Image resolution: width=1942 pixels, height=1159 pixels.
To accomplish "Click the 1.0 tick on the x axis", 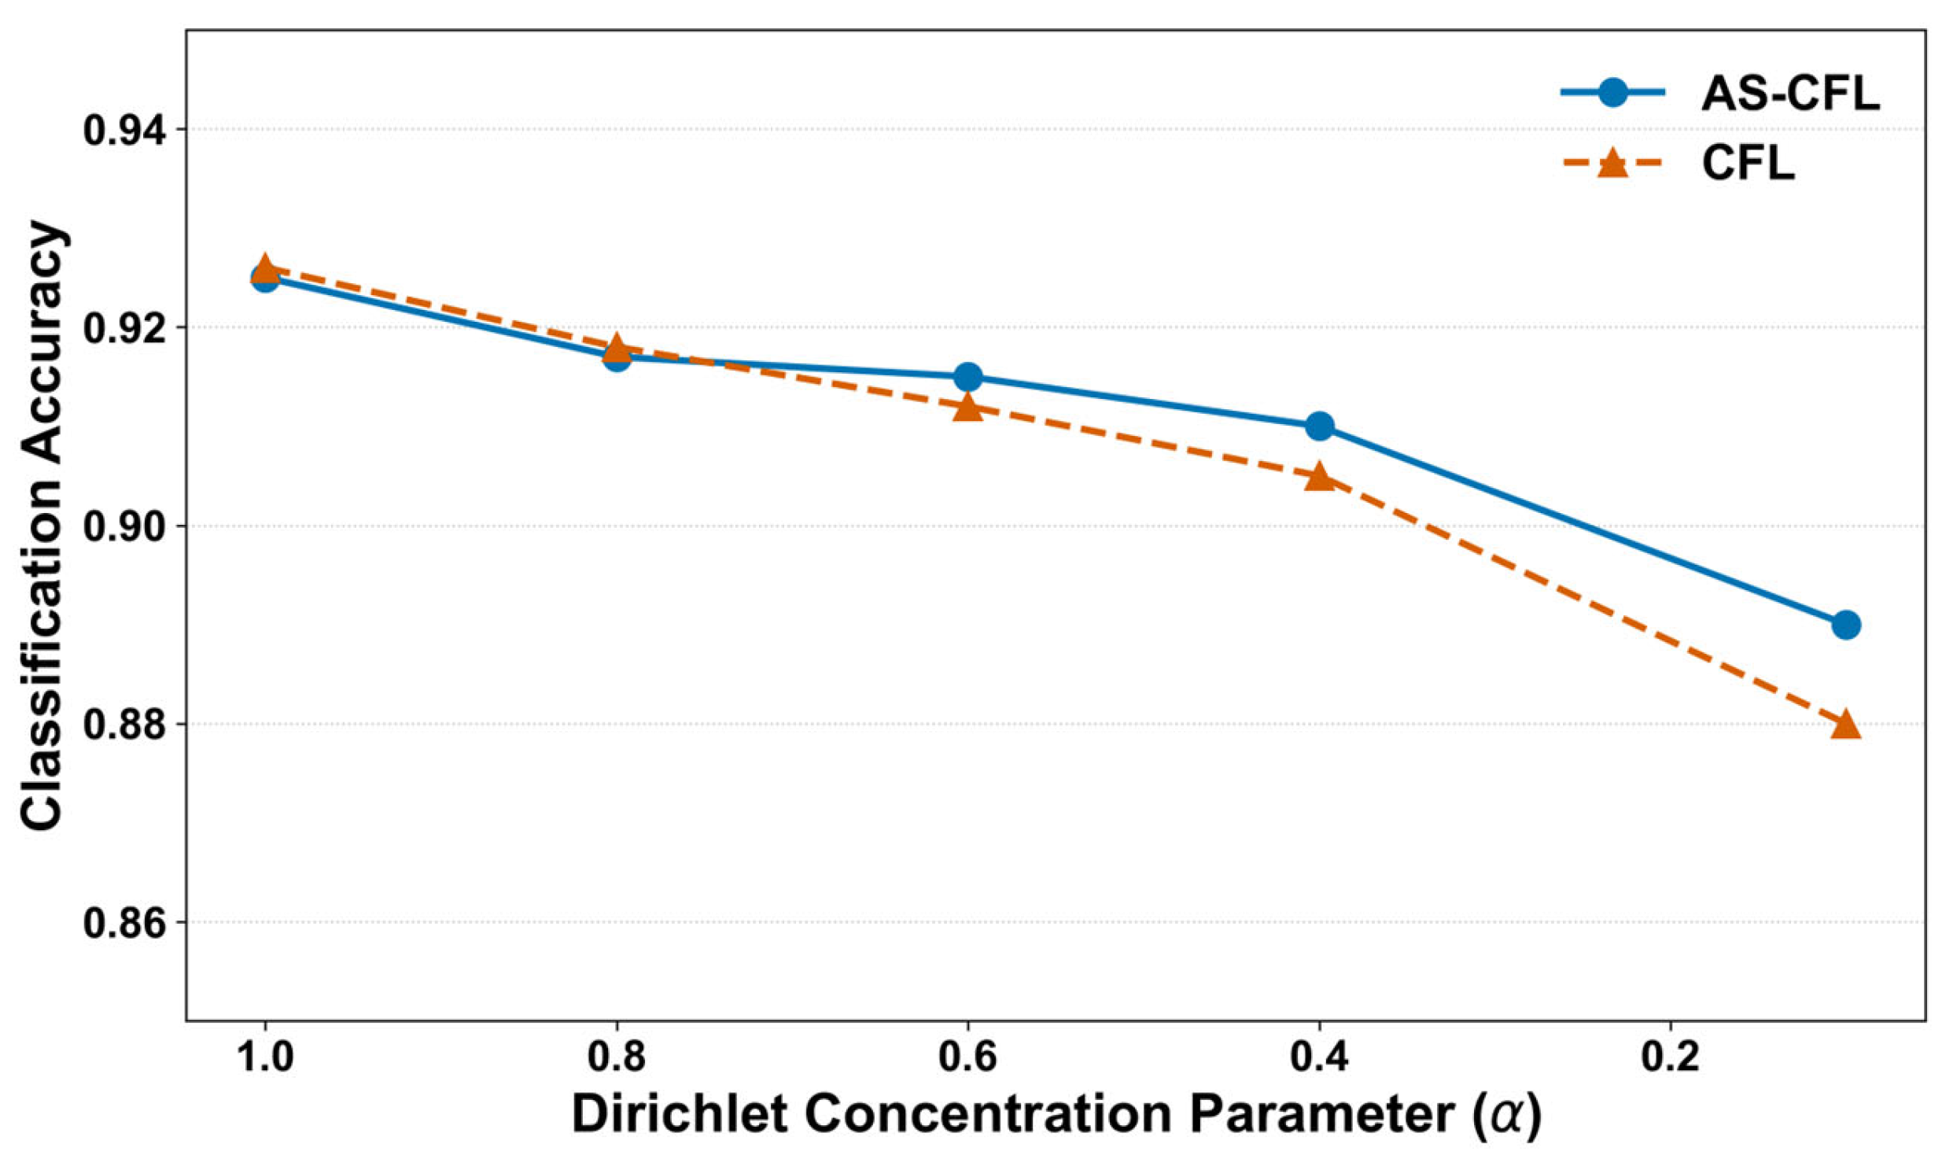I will [x=265, y=1058].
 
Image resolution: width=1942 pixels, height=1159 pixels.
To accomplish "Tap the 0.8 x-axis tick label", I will [x=617, y=1058].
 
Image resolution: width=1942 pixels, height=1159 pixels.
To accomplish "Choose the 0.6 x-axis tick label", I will [x=968, y=1058].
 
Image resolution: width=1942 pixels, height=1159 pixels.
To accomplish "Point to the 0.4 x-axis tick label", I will [x=1320, y=1058].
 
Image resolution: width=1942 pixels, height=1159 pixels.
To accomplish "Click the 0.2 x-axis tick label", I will [x=1671, y=1058].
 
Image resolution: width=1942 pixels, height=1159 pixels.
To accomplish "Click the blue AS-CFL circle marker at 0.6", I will [x=968, y=377].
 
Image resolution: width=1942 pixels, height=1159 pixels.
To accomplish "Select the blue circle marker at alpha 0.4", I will [x=1320, y=426].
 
